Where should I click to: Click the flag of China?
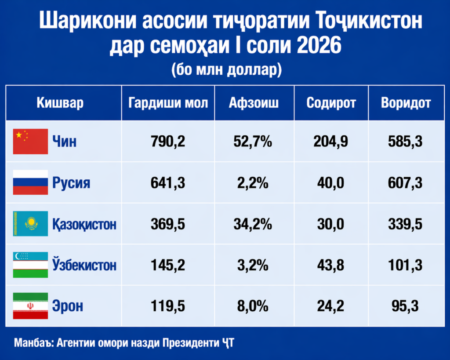click(30, 142)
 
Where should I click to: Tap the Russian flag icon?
click(30, 182)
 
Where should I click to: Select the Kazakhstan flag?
click(30, 224)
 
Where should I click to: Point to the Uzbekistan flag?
click(30, 265)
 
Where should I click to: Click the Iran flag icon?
click(30, 306)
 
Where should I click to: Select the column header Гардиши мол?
click(168, 103)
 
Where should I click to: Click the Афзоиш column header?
click(254, 103)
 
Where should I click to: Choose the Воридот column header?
click(406, 103)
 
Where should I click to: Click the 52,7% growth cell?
click(254, 142)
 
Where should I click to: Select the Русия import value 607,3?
click(406, 182)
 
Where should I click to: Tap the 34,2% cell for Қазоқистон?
click(254, 224)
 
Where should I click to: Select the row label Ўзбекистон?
click(84, 265)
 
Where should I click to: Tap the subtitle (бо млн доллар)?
click(225, 69)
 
